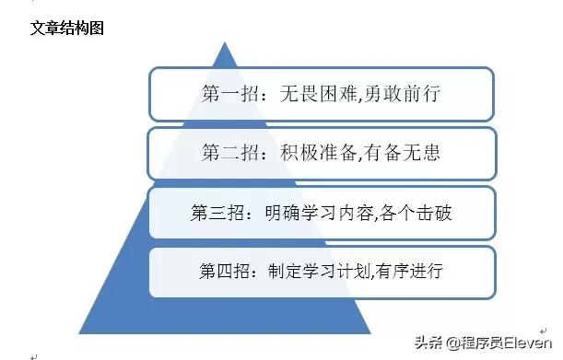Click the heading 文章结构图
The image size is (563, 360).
coord(67,28)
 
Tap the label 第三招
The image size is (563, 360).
coord(217,213)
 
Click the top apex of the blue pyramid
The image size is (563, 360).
coord(224,42)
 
